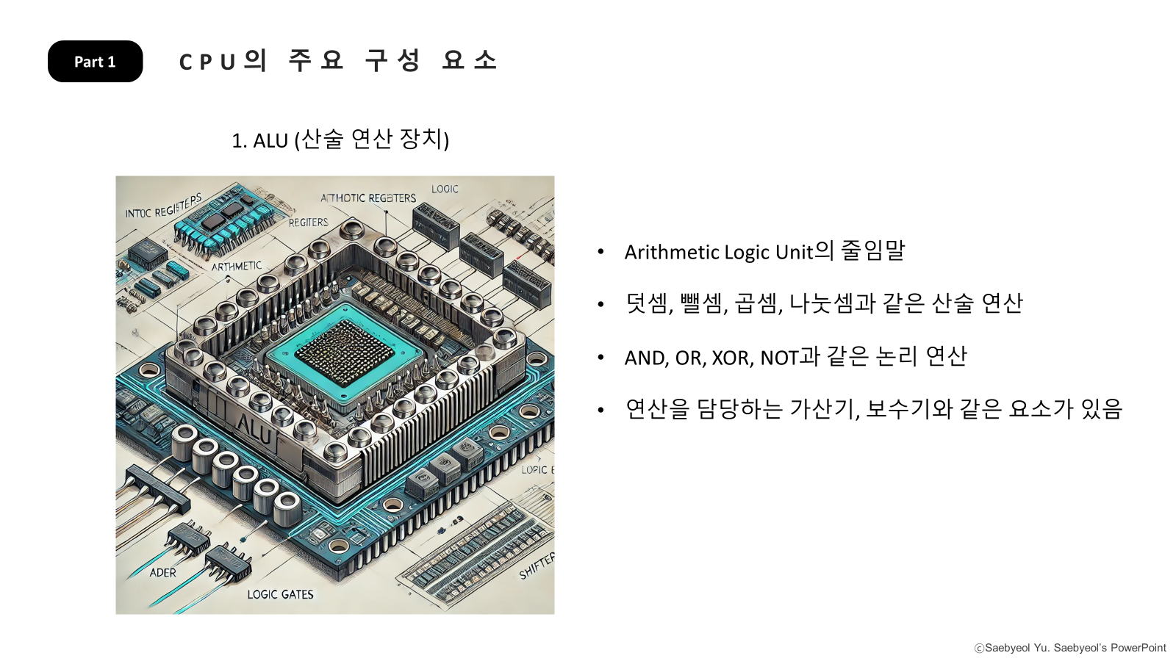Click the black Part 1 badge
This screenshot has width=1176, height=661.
pos(95,62)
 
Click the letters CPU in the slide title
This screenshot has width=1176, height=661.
pos(207,62)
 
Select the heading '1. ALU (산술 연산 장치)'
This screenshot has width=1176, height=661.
pos(340,140)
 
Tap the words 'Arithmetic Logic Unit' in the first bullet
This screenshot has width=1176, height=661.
pos(719,253)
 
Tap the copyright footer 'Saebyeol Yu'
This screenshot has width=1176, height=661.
pos(1017,648)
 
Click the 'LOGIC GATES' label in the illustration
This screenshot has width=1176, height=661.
pos(280,594)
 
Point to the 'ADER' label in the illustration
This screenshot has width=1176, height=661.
pos(163,573)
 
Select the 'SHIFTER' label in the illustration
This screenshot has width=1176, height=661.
pos(537,566)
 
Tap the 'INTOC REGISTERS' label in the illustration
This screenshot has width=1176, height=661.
pos(163,207)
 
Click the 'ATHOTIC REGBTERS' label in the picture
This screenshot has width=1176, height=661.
pos(368,198)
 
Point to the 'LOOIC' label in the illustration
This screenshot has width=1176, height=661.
pos(445,189)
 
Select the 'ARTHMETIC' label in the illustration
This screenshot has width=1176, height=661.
pos(237,266)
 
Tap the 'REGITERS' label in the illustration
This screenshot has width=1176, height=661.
pos(308,222)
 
